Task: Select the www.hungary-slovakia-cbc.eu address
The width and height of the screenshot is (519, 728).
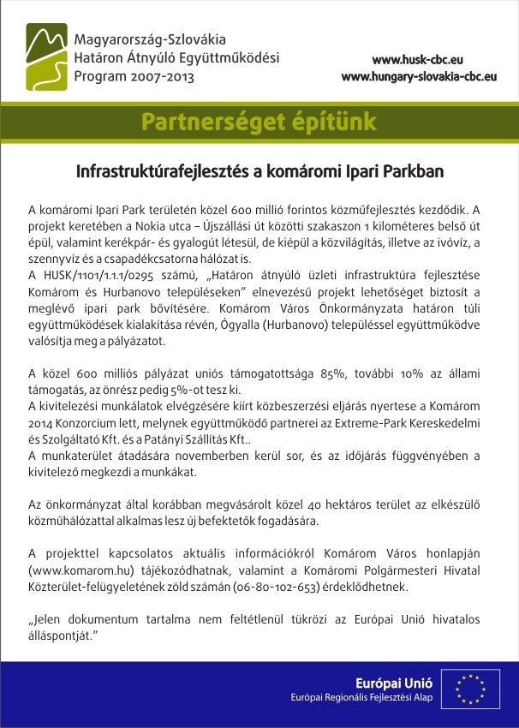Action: (419, 76)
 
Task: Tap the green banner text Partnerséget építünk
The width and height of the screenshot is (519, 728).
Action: (259, 122)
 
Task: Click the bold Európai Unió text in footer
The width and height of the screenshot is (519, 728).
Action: (394, 683)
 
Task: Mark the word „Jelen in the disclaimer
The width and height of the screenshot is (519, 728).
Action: (46, 618)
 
